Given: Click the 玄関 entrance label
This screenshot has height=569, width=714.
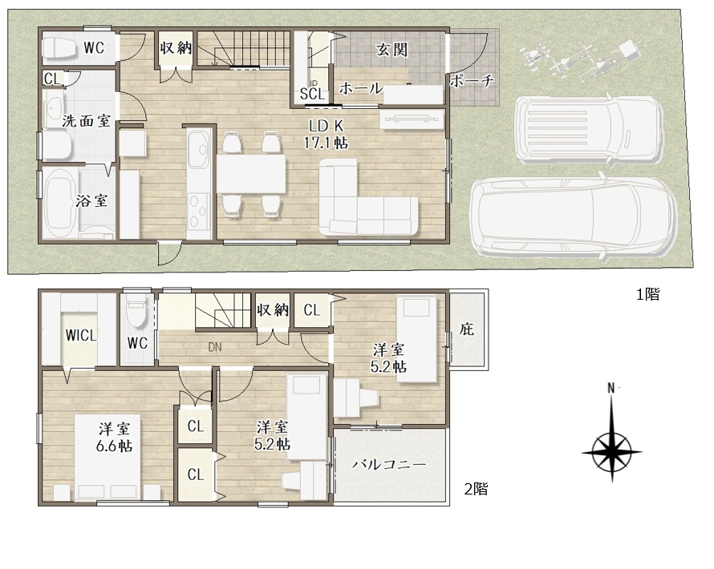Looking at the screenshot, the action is point(392,50).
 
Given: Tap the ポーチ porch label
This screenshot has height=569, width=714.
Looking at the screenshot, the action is point(472,81).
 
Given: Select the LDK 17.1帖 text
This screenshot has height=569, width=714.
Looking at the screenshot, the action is point(326,134).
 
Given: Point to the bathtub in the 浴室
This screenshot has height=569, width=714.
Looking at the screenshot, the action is point(59,204).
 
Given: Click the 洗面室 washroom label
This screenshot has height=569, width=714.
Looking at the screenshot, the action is point(87,121).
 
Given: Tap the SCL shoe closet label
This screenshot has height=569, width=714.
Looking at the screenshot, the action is point(312,94).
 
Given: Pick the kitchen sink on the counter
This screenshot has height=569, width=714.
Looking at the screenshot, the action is point(199,149).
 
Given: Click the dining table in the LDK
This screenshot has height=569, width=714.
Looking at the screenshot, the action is point(251,173).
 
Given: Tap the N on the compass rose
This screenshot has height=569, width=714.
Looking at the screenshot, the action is point(611,388).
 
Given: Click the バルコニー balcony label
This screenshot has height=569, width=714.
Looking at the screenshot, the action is point(389,464).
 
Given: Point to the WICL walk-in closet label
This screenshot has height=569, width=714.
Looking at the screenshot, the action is point(81,336).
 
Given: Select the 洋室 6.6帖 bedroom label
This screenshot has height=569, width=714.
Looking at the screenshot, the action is point(114,437).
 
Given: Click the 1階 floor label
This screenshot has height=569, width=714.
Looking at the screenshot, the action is point(647,294).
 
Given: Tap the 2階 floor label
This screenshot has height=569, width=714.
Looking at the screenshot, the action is point(477,489).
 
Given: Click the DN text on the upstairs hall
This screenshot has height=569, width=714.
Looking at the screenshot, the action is point(215,347).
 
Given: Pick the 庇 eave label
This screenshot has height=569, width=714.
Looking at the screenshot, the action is point(467,329).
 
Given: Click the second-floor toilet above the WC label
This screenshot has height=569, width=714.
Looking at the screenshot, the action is point(136,311).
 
